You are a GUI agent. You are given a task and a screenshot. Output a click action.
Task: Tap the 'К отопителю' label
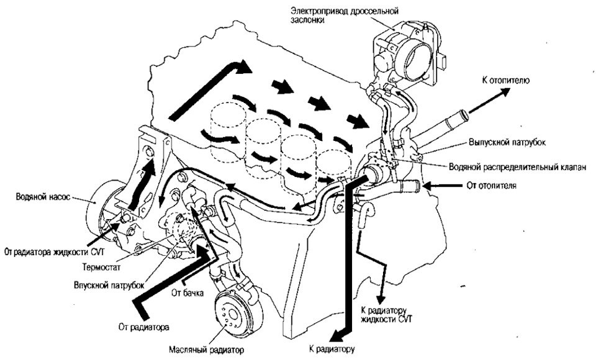point(506,80)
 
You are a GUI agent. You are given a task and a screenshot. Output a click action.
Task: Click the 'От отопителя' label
point(494,185)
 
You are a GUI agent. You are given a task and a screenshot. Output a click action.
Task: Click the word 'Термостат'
point(96,268)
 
